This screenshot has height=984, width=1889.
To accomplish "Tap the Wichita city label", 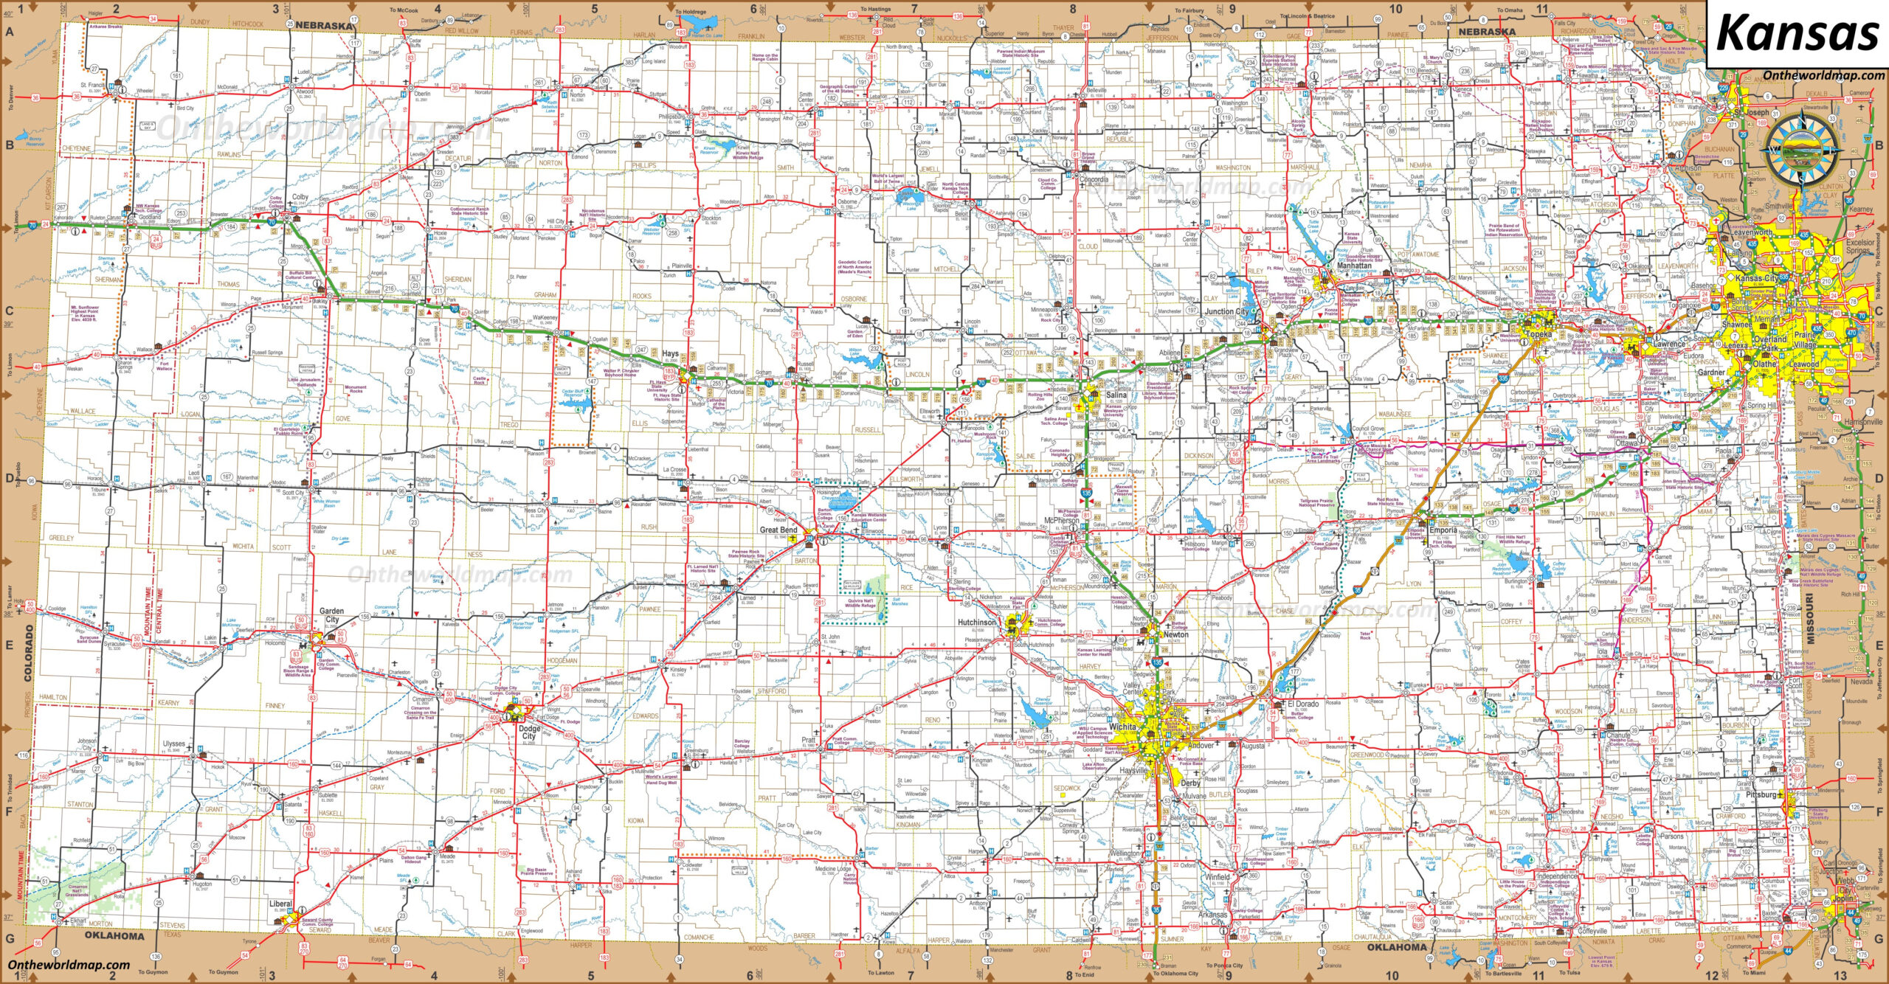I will pos(1122,727).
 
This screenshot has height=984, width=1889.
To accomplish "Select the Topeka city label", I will pos(1539,333).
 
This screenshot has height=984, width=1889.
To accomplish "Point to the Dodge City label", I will pos(528,732).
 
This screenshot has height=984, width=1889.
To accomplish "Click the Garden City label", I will pos(332,615).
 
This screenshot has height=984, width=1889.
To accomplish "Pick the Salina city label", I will pos(1116,395).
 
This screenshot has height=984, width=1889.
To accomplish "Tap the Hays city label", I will pos(669,353).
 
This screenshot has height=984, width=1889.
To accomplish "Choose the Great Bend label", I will pos(778,530).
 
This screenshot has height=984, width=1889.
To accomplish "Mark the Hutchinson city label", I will pos(976,623).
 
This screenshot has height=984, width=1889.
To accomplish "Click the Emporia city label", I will pos(1443,530).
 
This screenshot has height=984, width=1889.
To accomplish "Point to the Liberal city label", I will pos(280,904).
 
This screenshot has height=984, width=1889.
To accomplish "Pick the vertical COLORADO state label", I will pos(30,652).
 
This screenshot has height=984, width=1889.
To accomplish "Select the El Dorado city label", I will pos(1302,704).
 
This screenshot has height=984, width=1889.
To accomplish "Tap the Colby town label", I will pos(300,197).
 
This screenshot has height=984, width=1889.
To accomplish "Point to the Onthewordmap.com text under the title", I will pos(1823,75).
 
